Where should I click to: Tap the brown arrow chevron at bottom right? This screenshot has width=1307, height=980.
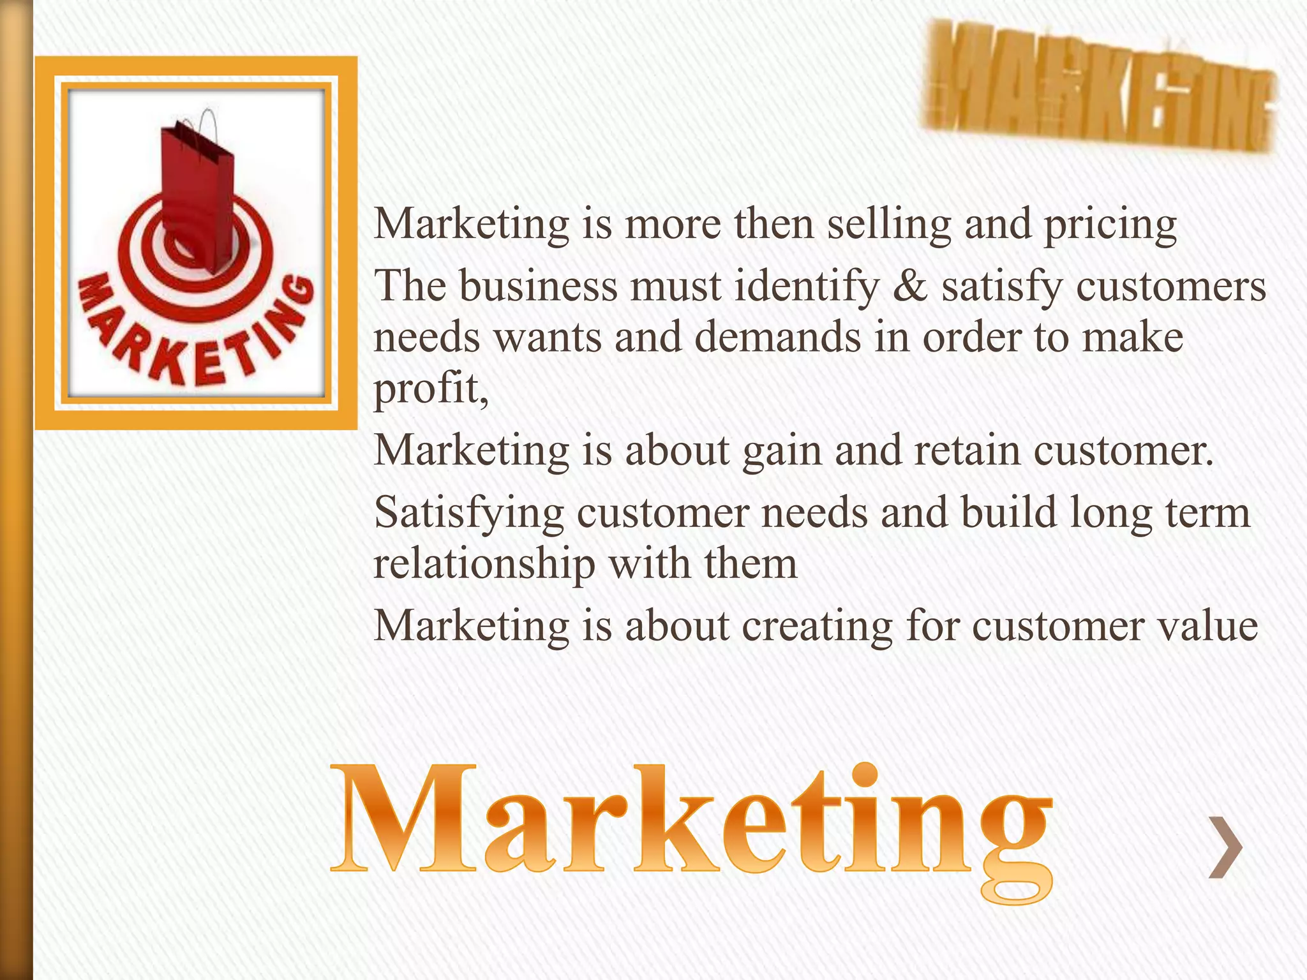(1226, 847)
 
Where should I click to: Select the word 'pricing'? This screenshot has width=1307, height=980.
(1110, 226)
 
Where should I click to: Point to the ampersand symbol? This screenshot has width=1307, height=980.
(910, 286)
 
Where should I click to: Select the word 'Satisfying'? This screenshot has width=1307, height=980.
(469, 514)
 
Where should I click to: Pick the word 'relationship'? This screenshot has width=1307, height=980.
(484, 565)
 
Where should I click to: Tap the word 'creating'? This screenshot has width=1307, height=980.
(817, 627)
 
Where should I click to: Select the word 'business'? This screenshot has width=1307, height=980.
(539, 286)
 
